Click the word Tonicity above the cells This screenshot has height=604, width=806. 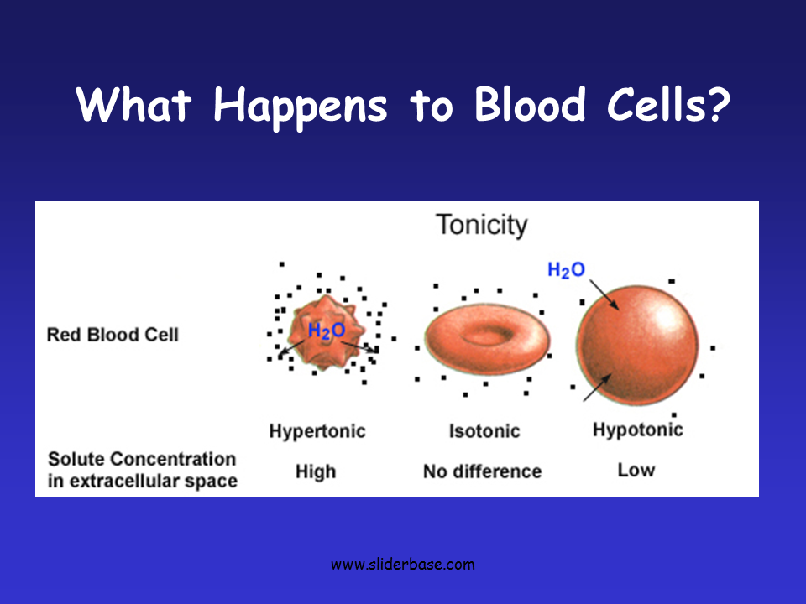482,226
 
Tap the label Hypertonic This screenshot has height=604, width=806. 317,431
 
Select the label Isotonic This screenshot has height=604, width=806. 484,431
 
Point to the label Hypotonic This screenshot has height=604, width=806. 638,430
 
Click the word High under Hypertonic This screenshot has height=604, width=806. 316,471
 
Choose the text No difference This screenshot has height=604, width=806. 482,471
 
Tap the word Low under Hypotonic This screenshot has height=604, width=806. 636,470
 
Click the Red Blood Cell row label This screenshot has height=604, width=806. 113,335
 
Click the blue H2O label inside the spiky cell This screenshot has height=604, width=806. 326,331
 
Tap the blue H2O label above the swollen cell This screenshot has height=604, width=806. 566,270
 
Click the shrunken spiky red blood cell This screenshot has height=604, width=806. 326,332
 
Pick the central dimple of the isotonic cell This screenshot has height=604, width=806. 486,336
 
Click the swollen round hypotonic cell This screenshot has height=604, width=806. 637,345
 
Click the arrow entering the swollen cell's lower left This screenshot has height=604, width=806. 597,388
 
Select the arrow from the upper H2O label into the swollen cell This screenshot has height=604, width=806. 604,294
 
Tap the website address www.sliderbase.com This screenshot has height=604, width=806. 403,565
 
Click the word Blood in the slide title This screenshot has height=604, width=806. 530,104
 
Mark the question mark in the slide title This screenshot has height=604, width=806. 718,104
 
